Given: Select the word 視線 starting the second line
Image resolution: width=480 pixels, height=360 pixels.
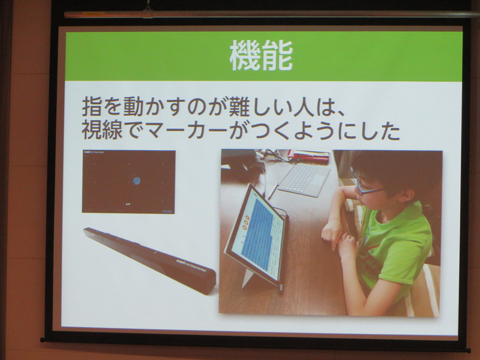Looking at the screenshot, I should point(103,132).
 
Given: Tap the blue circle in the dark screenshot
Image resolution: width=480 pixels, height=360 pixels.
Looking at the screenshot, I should point(137,180).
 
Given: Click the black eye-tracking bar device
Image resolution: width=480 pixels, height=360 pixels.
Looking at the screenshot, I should point(149,259).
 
